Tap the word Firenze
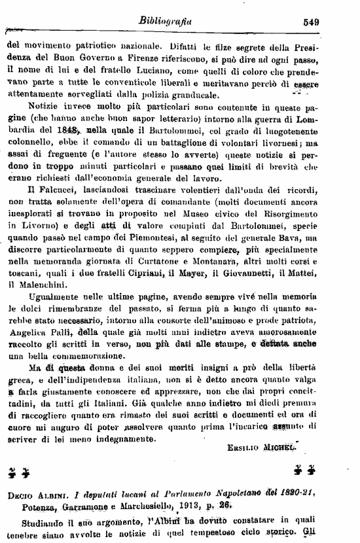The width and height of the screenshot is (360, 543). point(151,59)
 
